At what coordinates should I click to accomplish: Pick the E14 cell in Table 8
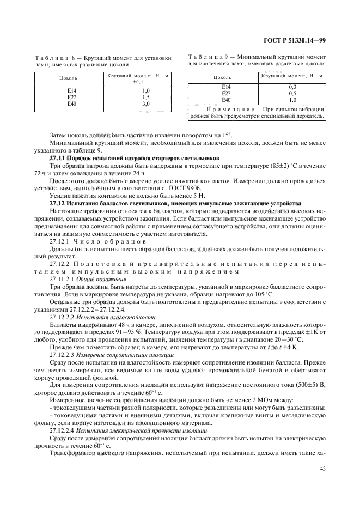tap(72, 90)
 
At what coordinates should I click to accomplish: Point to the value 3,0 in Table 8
tap(146, 103)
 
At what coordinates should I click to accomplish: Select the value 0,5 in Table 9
tap(292, 93)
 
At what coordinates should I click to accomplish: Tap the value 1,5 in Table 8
tap(146, 97)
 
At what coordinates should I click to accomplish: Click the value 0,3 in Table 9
tap(292, 87)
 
